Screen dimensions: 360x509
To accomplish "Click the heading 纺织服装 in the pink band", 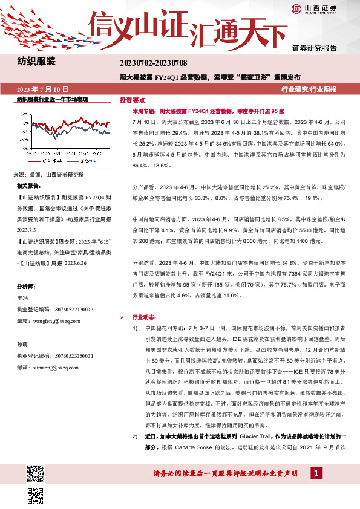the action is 36,62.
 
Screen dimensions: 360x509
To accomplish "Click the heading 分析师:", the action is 26,286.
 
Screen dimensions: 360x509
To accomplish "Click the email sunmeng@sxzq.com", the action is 55,366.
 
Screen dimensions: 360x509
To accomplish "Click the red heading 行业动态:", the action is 143,317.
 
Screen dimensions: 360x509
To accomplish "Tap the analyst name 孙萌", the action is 22,343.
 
